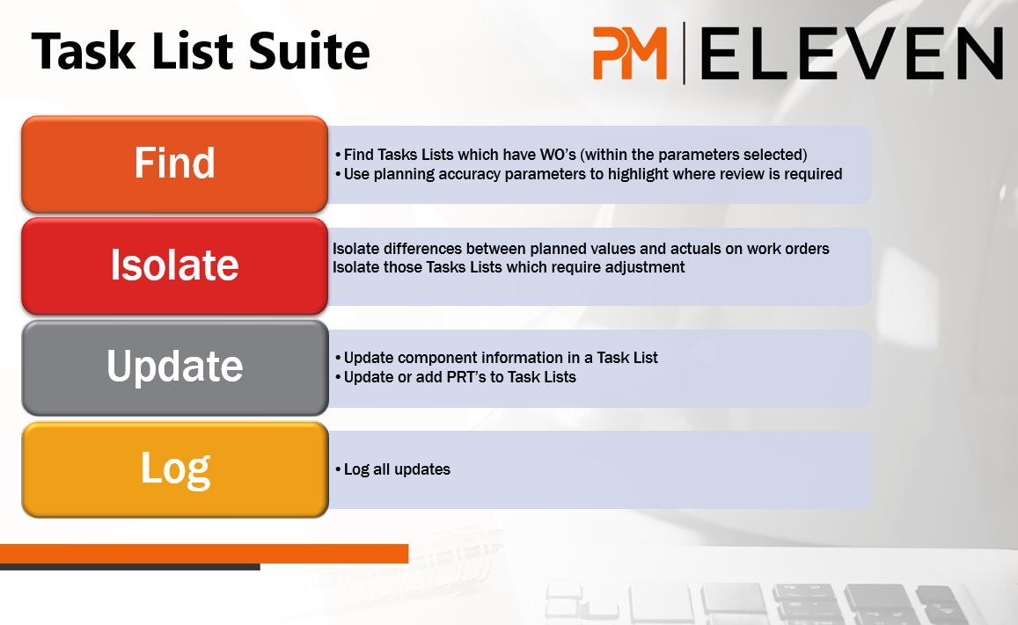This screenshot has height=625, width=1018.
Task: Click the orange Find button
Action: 174,164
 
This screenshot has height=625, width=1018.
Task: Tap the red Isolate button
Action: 174,265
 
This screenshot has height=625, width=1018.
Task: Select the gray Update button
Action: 174,367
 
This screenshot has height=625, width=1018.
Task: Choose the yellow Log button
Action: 174,469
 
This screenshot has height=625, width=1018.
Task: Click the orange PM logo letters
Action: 630,53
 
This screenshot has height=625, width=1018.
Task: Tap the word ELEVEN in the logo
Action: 852,53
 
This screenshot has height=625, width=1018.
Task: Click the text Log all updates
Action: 397,469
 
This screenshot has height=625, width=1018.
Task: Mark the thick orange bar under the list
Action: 204,554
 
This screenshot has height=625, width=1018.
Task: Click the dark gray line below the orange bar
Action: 130,567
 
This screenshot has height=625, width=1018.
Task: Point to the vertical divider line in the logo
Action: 684,53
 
